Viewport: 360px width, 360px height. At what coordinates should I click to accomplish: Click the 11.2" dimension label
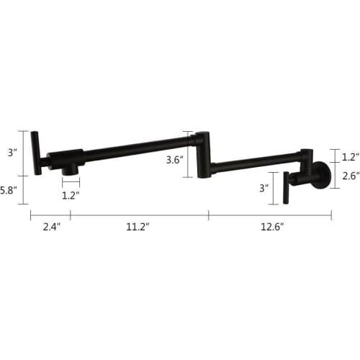pyautogui.click(x=138, y=226)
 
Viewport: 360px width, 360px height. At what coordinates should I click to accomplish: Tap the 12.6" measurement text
pyautogui.click(x=272, y=226)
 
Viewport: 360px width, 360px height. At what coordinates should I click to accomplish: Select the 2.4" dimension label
pyautogui.click(x=52, y=226)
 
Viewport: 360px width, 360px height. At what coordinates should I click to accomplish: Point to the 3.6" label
pyautogui.click(x=175, y=160)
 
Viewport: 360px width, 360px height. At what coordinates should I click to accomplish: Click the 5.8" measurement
pyautogui.click(x=8, y=191)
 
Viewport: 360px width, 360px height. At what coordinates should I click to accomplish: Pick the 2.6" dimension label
pyautogui.click(x=351, y=176)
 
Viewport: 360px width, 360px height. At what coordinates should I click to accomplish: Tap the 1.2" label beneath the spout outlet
pyautogui.click(x=71, y=196)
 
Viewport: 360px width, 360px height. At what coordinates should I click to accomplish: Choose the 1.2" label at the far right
pyautogui.click(x=351, y=157)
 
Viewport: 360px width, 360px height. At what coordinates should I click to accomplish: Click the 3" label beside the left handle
pyautogui.click(x=12, y=153)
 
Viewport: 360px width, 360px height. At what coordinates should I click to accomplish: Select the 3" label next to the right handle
pyautogui.click(x=264, y=188)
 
